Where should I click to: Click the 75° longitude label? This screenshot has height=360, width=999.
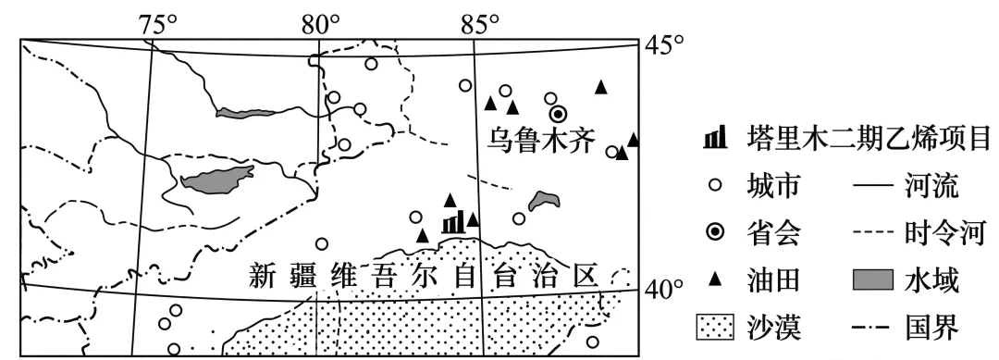(x=158, y=22)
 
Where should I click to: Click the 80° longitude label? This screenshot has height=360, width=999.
(x=321, y=22)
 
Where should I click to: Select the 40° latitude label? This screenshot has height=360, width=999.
(x=663, y=290)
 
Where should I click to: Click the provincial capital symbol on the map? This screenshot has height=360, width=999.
(x=558, y=114)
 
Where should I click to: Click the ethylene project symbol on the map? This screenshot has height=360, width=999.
(x=452, y=223)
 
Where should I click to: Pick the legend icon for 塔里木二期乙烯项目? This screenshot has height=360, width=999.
(x=714, y=140)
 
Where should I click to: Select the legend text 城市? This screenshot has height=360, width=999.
(x=772, y=187)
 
